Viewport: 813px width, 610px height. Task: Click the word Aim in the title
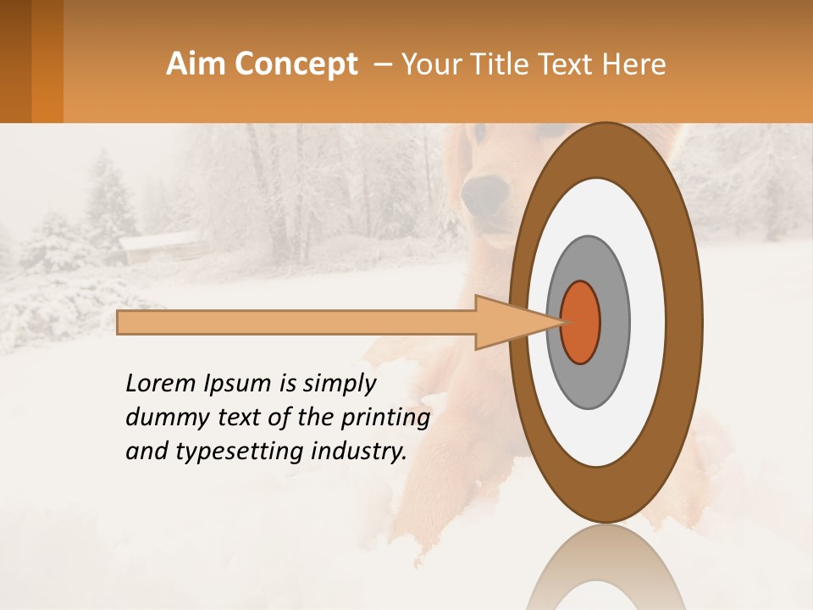tap(196, 64)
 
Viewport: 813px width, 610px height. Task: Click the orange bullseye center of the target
tap(581, 322)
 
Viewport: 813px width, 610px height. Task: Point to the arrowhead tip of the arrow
tap(563, 322)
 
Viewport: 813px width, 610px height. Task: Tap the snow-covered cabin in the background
tap(161, 246)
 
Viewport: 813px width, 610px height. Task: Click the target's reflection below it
tap(606, 572)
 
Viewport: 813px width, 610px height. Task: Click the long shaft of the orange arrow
tap(296, 322)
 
